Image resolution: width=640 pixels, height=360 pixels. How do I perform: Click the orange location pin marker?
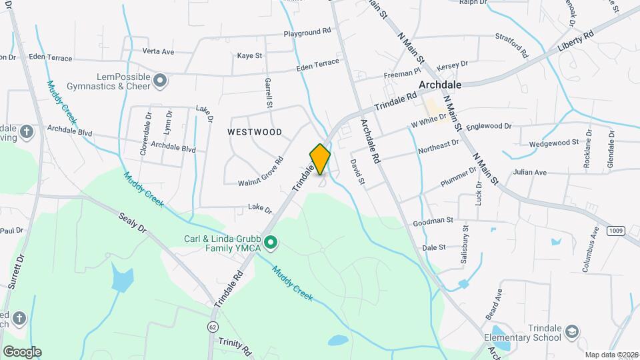click(320, 159)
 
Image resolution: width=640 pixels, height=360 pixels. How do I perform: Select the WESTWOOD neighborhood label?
click(255, 132)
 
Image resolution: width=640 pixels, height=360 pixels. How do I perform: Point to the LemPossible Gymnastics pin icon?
click(160, 81)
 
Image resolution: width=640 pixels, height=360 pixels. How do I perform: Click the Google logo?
click(22, 351)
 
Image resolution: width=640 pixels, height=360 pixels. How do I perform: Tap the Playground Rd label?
click(307, 32)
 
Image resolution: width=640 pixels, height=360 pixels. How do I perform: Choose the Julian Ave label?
click(530, 173)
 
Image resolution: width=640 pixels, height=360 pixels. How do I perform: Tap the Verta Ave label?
click(158, 51)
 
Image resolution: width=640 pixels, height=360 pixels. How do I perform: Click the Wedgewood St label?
click(553, 143)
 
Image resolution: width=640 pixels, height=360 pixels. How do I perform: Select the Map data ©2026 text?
click(611, 355)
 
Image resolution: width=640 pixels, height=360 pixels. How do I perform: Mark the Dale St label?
click(434, 248)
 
